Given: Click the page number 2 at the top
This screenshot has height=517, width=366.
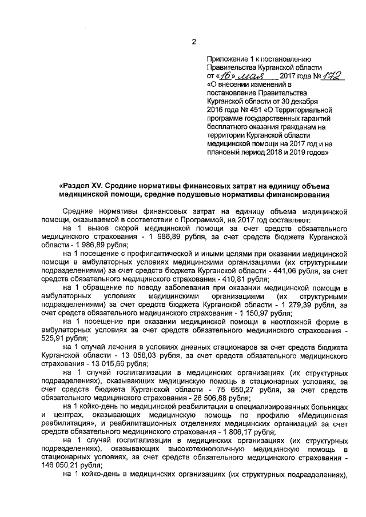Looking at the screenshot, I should point(193,41).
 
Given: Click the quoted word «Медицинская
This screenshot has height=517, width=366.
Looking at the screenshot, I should point(322,415).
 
